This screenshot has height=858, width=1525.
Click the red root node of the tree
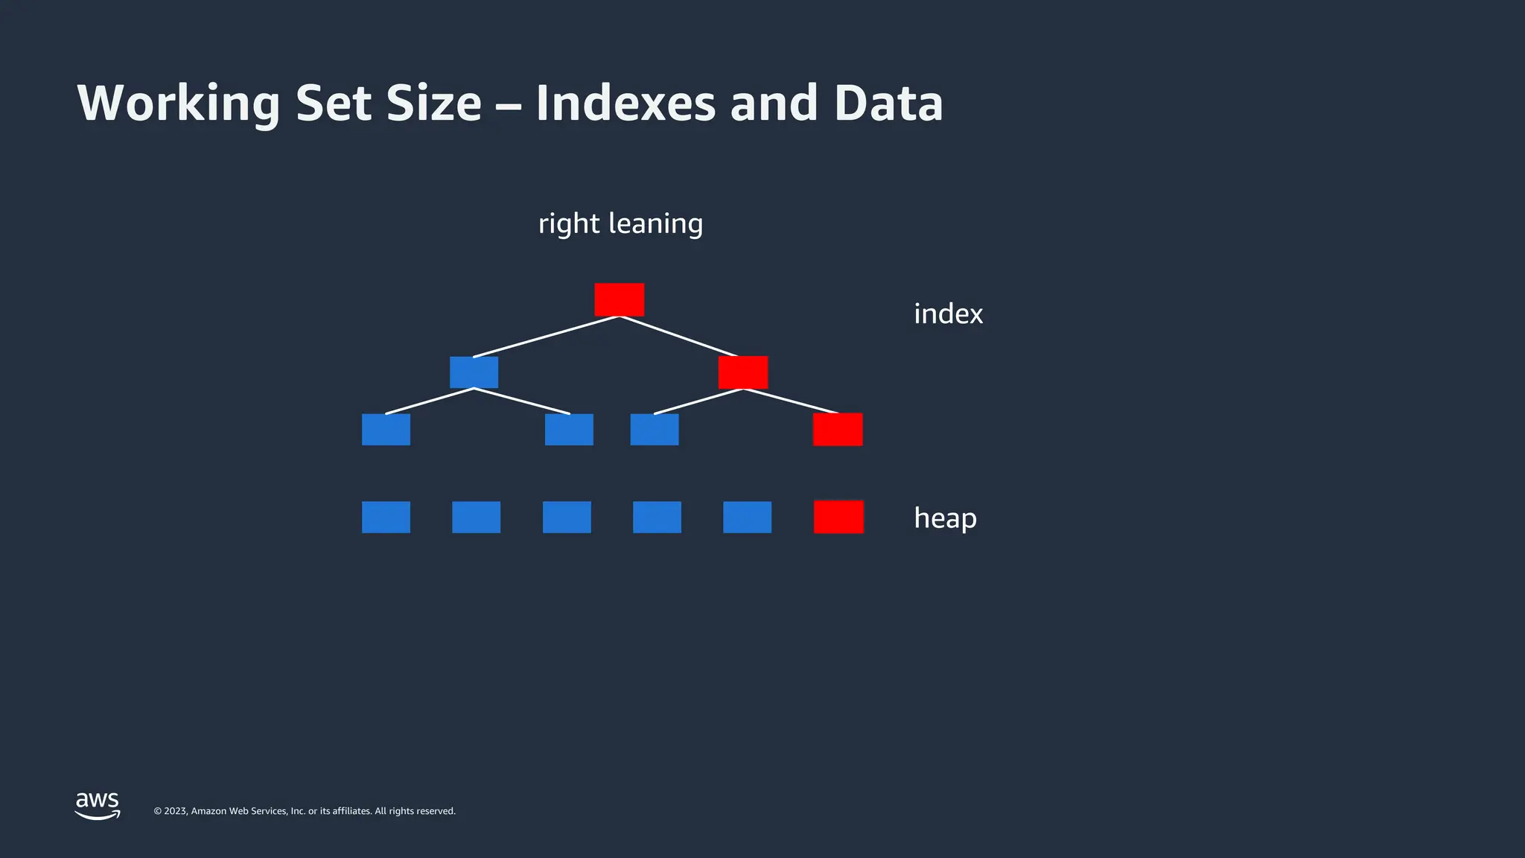click(x=619, y=299)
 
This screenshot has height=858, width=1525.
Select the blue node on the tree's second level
click(x=474, y=372)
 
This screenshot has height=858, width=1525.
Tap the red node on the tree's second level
click(x=742, y=372)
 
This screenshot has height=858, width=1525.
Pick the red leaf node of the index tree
click(x=838, y=430)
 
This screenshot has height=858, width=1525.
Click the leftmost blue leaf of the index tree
click(x=386, y=430)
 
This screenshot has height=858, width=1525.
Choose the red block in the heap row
click(x=838, y=517)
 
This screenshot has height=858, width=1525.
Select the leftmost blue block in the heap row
click(x=386, y=517)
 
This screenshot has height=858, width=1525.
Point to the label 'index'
click(x=948, y=314)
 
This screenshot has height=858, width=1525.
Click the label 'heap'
click(x=945, y=518)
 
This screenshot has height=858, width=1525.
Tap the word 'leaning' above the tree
click(x=655, y=224)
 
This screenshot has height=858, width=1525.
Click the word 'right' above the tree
click(x=569, y=224)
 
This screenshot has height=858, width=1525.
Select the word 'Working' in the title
click(x=179, y=104)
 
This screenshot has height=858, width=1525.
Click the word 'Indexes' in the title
click(x=625, y=104)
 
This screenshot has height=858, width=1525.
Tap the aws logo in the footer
click(x=98, y=805)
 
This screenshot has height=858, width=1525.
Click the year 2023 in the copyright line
click(x=175, y=811)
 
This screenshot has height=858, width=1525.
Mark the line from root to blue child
click(x=546, y=337)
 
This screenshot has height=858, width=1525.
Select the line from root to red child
click(x=678, y=337)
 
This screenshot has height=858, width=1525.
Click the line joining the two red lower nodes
click(x=791, y=401)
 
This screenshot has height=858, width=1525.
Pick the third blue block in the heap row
click(x=567, y=517)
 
